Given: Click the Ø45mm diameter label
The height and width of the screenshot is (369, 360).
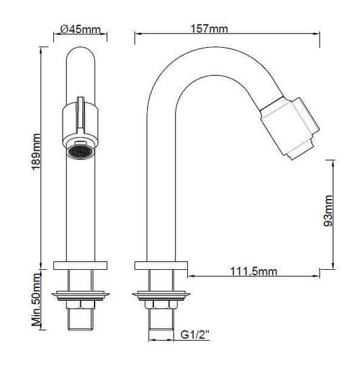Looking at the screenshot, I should coord(80,30).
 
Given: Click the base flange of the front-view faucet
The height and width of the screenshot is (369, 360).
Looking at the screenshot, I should coord(80,264).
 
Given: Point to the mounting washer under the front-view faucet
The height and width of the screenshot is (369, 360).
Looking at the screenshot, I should coord(80,294).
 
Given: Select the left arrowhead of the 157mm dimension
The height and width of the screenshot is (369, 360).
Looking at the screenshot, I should coord(138,38).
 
